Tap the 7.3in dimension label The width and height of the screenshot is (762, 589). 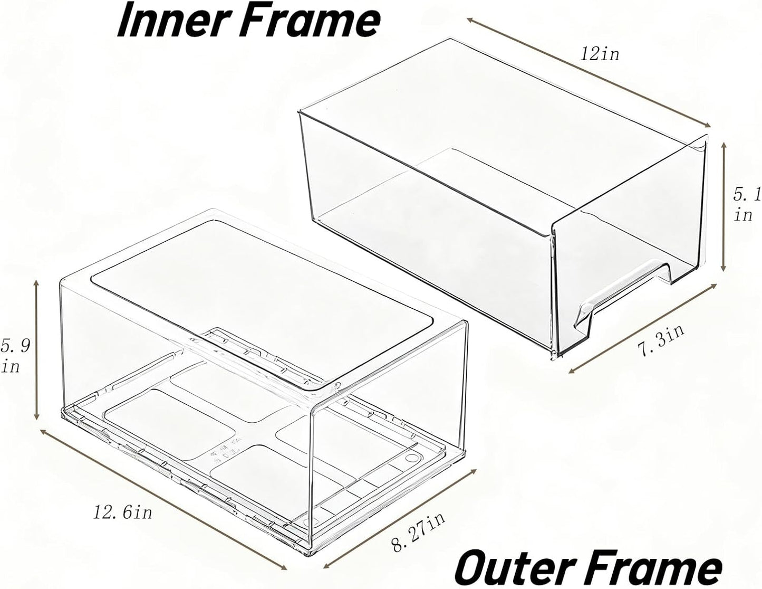[x=660, y=340]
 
